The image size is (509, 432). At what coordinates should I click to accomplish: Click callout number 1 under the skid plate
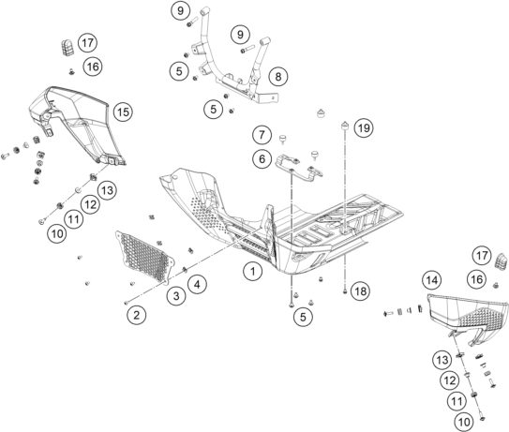[x=253, y=272]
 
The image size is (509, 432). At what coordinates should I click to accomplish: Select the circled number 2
[x=136, y=315]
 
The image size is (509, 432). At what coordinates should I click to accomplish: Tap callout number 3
[x=176, y=296]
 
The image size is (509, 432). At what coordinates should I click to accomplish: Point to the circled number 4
[x=198, y=285]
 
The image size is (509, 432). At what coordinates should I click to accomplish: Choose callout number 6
[x=262, y=159]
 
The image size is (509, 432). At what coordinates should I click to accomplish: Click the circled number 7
[x=262, y=134]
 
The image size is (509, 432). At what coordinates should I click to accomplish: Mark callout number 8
[x=278, y=77]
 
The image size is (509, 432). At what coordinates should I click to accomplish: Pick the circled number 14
[x=432, y=280]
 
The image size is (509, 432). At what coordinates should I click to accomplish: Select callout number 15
[x=124, y=112]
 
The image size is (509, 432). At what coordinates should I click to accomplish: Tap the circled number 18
[x=361, y=291]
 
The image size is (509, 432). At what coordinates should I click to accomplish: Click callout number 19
[x=364, y=127]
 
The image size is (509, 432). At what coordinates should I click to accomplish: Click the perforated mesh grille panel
[x=145, y=257]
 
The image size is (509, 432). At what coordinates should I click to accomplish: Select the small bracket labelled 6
[x=299, y=168]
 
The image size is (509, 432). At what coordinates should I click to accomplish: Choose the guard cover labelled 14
[x=468, y=317]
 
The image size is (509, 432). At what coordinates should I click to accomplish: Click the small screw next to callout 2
[x=127, y=303]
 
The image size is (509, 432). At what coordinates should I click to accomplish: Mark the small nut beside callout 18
[x=345, y=291]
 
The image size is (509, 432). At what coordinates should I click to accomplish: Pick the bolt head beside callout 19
[x=345, y=125]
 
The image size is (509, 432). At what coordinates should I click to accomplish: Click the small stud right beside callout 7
[x=283, y=139]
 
